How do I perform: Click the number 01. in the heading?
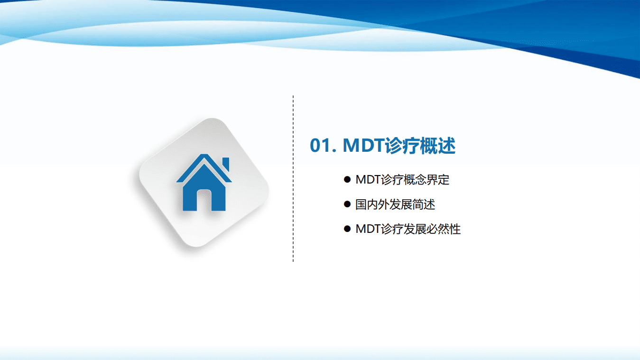(323, 146)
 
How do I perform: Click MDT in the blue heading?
(363, 146)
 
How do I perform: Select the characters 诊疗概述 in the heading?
(420, 146)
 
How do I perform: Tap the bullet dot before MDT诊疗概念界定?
(347, 180)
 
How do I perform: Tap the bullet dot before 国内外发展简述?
(347, 204)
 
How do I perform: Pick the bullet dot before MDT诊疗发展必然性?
(347, 229)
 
